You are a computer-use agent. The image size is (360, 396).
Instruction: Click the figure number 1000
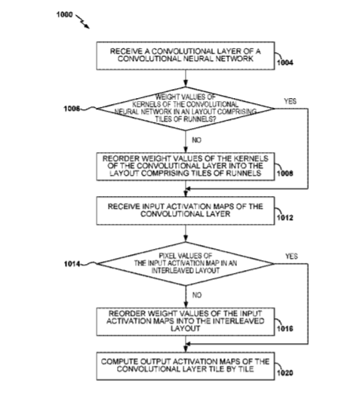coord(64,14)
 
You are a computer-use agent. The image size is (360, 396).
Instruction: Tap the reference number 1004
coord(285,63)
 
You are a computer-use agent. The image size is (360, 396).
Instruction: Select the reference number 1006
coord(72,109)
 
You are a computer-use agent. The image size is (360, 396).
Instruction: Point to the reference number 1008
coord(285,173)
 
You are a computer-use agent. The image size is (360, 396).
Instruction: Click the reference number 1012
coord(285,218)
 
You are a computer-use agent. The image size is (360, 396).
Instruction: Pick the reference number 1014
coord(72,264)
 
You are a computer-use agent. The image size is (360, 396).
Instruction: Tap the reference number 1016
coord(285,329)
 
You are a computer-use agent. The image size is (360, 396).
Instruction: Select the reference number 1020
coord(285,373)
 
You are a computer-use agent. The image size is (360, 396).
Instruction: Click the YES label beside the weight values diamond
coord(291,101)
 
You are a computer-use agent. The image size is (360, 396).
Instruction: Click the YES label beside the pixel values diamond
coord(291,256)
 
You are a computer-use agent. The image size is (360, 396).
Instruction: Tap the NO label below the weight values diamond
coord(197,140)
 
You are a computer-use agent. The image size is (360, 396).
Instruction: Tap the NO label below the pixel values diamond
coord(197,295)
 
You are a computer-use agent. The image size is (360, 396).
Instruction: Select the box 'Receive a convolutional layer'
coord(186,56)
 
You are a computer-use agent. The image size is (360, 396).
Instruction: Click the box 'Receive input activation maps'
coord(186,211)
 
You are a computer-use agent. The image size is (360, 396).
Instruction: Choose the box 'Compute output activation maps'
coord(186,366)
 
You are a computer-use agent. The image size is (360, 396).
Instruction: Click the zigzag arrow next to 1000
coord(82,22)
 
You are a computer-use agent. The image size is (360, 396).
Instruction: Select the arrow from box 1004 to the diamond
coord(186,78)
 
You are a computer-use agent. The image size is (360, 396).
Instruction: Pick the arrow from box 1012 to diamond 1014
coord(186,233)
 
